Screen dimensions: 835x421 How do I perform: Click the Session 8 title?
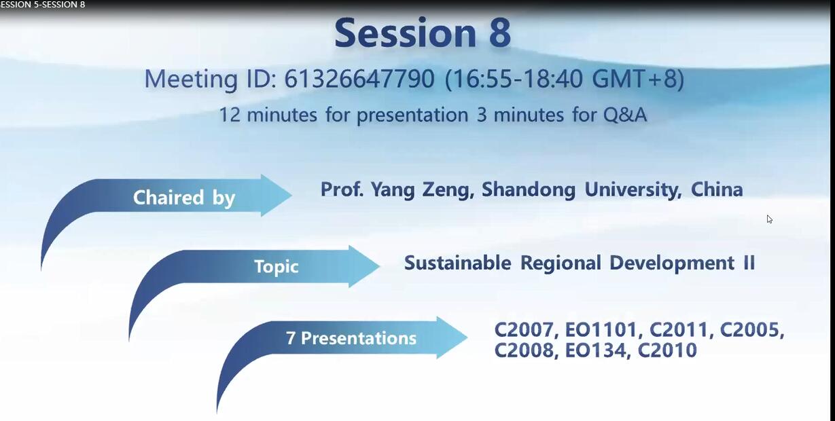tap(423, 33)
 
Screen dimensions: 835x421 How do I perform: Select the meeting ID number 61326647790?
tap(359, 79)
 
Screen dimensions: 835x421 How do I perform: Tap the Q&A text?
tap(625, 114)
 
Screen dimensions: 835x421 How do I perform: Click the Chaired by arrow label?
tap(183, 197)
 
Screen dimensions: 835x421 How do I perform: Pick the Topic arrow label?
tap(277, 266)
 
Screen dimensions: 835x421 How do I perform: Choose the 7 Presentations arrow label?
tap(351, 338)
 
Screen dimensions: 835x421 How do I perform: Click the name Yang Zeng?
tap(423, 189)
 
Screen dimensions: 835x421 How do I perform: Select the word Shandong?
tap(529, 189)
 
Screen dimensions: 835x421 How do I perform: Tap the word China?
tap(717, 189)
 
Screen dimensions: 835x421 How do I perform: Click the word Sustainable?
tap(458, 263)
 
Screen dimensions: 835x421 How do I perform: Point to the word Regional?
tap(561, 263)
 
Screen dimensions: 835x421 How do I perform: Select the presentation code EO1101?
tap(602, 330)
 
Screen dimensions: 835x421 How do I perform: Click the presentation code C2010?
tap(667, 350)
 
